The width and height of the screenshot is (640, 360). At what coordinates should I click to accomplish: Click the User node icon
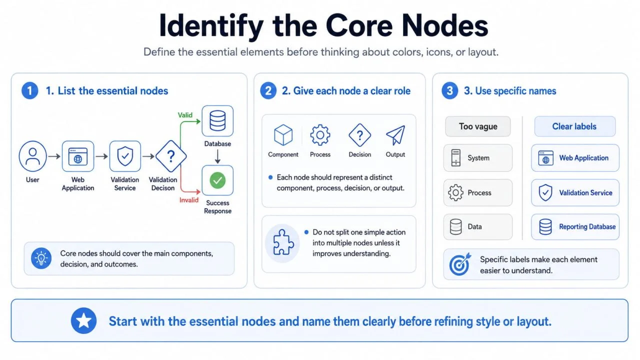(32, 156)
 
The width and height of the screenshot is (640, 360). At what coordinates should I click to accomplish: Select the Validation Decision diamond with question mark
(171, 156)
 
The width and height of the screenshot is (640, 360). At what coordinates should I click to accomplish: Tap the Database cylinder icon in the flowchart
(217, 121)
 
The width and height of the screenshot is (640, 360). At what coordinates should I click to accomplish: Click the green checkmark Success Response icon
(217, 180)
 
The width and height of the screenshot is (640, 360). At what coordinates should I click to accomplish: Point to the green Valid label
(185, 115)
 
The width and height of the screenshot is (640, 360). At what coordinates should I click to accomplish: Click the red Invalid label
(189, 200)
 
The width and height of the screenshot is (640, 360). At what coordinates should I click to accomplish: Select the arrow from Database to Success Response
(217, 156)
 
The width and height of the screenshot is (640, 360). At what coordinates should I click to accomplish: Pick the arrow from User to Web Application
(54, 156)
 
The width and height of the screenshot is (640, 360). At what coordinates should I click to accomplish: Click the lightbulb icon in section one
(41, 258)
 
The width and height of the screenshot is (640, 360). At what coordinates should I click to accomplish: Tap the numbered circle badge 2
(268, 90)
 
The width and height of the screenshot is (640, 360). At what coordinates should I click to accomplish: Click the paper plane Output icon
(395, 135)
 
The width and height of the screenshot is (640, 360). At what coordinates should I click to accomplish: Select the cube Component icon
(283, 135)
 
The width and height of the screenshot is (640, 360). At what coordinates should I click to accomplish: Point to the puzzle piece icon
(282, 243)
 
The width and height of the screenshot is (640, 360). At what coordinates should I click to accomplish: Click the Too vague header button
(477, 126)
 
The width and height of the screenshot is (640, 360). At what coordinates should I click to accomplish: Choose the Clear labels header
(575, 126)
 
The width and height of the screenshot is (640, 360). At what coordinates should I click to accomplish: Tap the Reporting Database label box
(575, 226)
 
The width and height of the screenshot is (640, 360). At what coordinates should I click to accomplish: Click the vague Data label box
(477, 226)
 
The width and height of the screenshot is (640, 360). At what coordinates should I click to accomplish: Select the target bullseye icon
(459, 264)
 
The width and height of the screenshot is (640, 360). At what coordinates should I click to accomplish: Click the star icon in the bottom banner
(83, 320)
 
